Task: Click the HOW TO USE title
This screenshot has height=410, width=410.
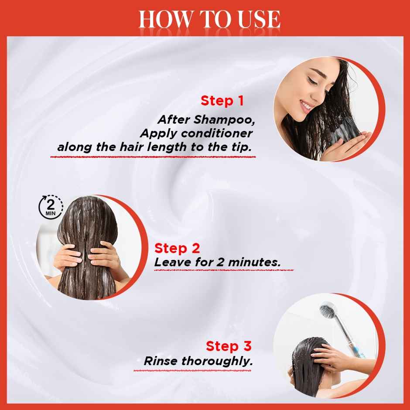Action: (209, 19)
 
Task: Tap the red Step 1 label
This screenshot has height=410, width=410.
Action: (222, 101)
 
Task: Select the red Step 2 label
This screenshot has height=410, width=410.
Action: (177, 248)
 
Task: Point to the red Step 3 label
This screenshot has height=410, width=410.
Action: (229, 346)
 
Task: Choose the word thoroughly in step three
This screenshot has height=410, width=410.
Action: (217, 361)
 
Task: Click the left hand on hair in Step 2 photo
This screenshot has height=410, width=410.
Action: (68, 254)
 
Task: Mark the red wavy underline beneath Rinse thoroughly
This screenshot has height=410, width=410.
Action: (198, 371)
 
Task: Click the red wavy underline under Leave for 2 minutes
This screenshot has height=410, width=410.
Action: (224, 270)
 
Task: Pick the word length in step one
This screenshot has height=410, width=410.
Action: (168, 147)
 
